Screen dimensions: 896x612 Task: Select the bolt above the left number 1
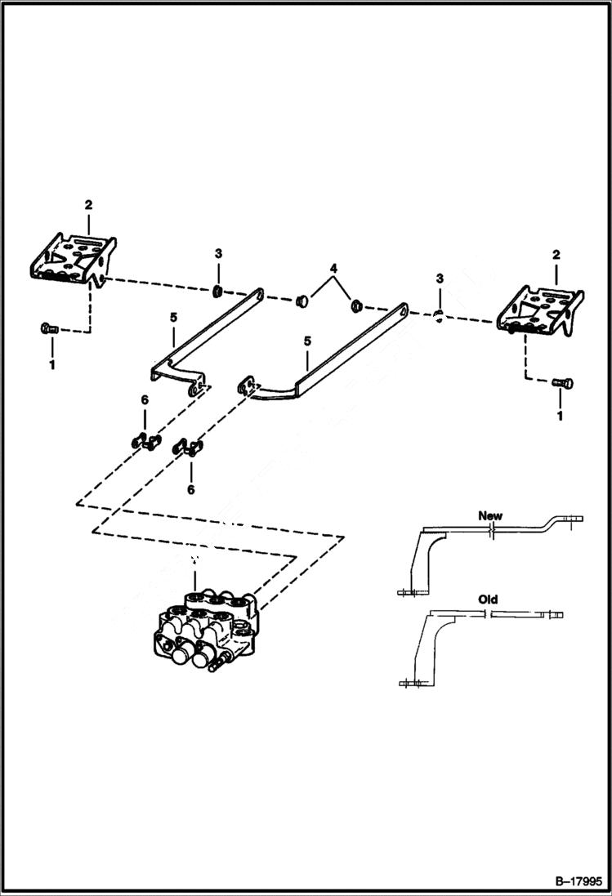47,329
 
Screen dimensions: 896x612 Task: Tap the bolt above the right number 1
563,381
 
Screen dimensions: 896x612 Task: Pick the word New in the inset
490,515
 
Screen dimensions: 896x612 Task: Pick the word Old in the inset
488,600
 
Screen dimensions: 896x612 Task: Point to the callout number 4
333,268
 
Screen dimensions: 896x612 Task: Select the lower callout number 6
191,489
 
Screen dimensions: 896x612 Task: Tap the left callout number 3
218,255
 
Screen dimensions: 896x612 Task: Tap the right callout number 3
440,279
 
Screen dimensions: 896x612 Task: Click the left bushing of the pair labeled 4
300,300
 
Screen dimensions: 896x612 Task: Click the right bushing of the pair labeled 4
356,307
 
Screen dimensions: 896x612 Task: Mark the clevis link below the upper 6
145,443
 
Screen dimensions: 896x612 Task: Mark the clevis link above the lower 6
189,448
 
